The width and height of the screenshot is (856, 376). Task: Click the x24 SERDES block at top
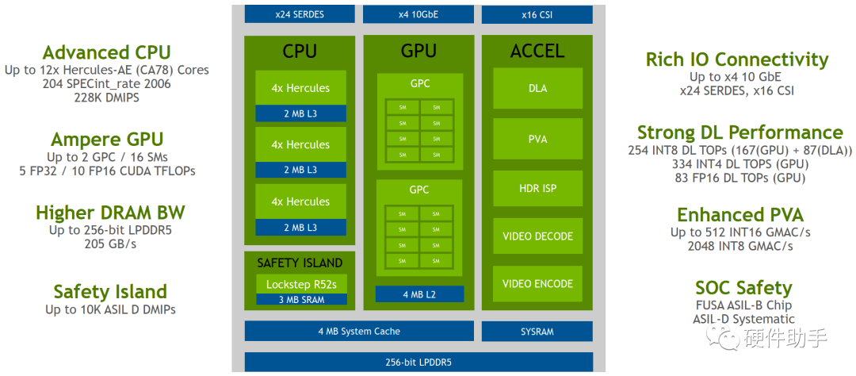(x=300, y=14)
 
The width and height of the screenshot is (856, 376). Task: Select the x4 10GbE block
(x=418, y=14)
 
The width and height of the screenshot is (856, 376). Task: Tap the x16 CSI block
(x=537, y=14)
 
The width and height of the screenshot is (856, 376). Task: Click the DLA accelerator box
(x=537, y=88)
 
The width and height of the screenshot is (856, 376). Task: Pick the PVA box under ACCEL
(x=537, y=139)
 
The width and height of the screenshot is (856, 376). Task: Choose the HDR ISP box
(x=537, y=188)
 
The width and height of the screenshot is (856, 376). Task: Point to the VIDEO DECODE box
(x=537, y=236)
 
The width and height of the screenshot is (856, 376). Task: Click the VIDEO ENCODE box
(x=537, y=283)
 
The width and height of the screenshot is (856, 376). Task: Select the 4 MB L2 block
(x=418, y=294)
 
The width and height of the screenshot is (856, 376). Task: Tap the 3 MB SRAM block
(x=300, y=300)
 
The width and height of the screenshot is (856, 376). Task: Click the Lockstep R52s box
(x=300, y=284)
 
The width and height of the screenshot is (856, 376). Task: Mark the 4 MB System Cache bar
(x=359, y=331)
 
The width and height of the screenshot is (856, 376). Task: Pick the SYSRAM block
(x=537, y=331)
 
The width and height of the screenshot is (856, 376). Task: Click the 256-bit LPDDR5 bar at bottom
(x=418, y=363)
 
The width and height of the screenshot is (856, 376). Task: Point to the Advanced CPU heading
(x=106, y=52)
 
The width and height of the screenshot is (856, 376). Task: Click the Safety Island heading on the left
(x=110, y=291)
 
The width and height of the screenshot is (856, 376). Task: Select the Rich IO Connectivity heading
(x=736, y=59)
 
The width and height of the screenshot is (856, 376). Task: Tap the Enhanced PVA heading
(x=739, y=215)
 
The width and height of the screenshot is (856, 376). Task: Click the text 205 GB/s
(x=110, y=244)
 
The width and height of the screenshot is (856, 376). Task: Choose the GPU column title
(x=418, y=51)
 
